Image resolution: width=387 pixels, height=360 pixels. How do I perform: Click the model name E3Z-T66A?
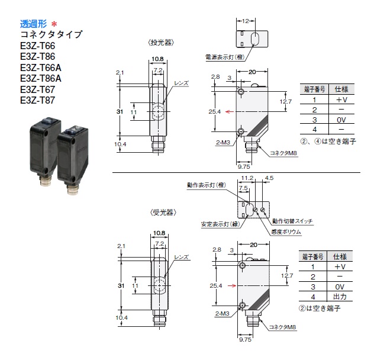click(x=41, y=67)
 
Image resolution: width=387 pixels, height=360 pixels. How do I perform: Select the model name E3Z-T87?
click(x=37, y=100)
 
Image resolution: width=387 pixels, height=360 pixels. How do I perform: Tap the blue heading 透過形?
click(x=33, y=24)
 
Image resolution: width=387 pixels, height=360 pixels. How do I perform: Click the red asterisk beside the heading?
click(x=54, y=24)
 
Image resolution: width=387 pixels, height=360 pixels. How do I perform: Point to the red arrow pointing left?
click(x=230, y=112)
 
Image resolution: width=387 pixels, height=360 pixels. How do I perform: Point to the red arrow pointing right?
click(x=232, y=285)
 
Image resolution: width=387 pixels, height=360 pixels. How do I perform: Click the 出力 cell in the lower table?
click(x=340, y=297)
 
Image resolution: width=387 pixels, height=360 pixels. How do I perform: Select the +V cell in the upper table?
click(x=341, y=99)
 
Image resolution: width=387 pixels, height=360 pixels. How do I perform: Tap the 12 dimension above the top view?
click(x=246, y=21)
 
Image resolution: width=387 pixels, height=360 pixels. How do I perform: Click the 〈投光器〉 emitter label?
click(x=161, y=43)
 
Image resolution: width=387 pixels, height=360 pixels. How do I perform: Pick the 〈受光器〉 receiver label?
click(x=163, y=213)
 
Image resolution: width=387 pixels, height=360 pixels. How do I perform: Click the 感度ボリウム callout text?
click(x=286, y=232)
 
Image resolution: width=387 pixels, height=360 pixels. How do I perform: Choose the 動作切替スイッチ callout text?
click(x=292, y=221)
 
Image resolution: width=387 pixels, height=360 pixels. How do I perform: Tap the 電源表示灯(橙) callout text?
click(x=225, y=57)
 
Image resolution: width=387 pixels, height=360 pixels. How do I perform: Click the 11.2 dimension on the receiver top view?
click(x=247, y=178)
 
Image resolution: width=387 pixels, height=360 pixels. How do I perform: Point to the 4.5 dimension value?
click(x=269, y=178)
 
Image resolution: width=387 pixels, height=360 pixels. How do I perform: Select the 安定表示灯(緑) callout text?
click(x=220, y=224)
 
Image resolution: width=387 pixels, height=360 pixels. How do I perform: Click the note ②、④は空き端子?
click(x=328, y=142)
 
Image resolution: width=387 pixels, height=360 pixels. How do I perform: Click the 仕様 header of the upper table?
click(x=341, y=89)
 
